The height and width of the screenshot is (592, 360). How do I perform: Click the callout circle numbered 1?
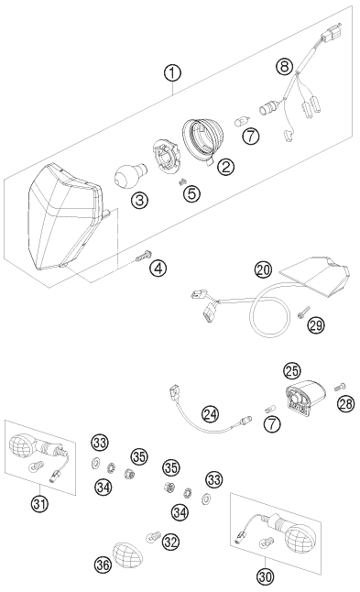(172, 72)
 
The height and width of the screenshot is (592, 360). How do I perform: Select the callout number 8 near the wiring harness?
(284, 67)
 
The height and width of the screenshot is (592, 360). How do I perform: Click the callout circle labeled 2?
(225, 167)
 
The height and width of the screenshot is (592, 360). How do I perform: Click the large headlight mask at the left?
(67, 219)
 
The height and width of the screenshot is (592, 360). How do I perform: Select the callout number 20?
(263, 269)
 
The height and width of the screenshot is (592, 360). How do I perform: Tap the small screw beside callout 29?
(303, 312)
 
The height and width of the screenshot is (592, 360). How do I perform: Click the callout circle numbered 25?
(293, 371)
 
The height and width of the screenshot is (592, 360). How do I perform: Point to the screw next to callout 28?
(340, 388)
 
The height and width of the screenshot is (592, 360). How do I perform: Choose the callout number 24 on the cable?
(210, 414)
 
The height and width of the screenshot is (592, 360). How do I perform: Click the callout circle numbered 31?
(40, 504)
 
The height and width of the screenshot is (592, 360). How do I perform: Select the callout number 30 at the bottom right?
(266, 576)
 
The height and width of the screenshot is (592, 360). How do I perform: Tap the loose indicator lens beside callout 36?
(127, 555)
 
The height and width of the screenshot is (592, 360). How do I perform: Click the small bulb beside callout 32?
(154, 536)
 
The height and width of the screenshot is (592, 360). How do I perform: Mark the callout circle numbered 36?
(103, 565)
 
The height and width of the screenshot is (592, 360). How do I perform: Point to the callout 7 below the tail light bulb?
(272, 424)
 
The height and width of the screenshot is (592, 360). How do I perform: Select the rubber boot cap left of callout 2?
(202, 138)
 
